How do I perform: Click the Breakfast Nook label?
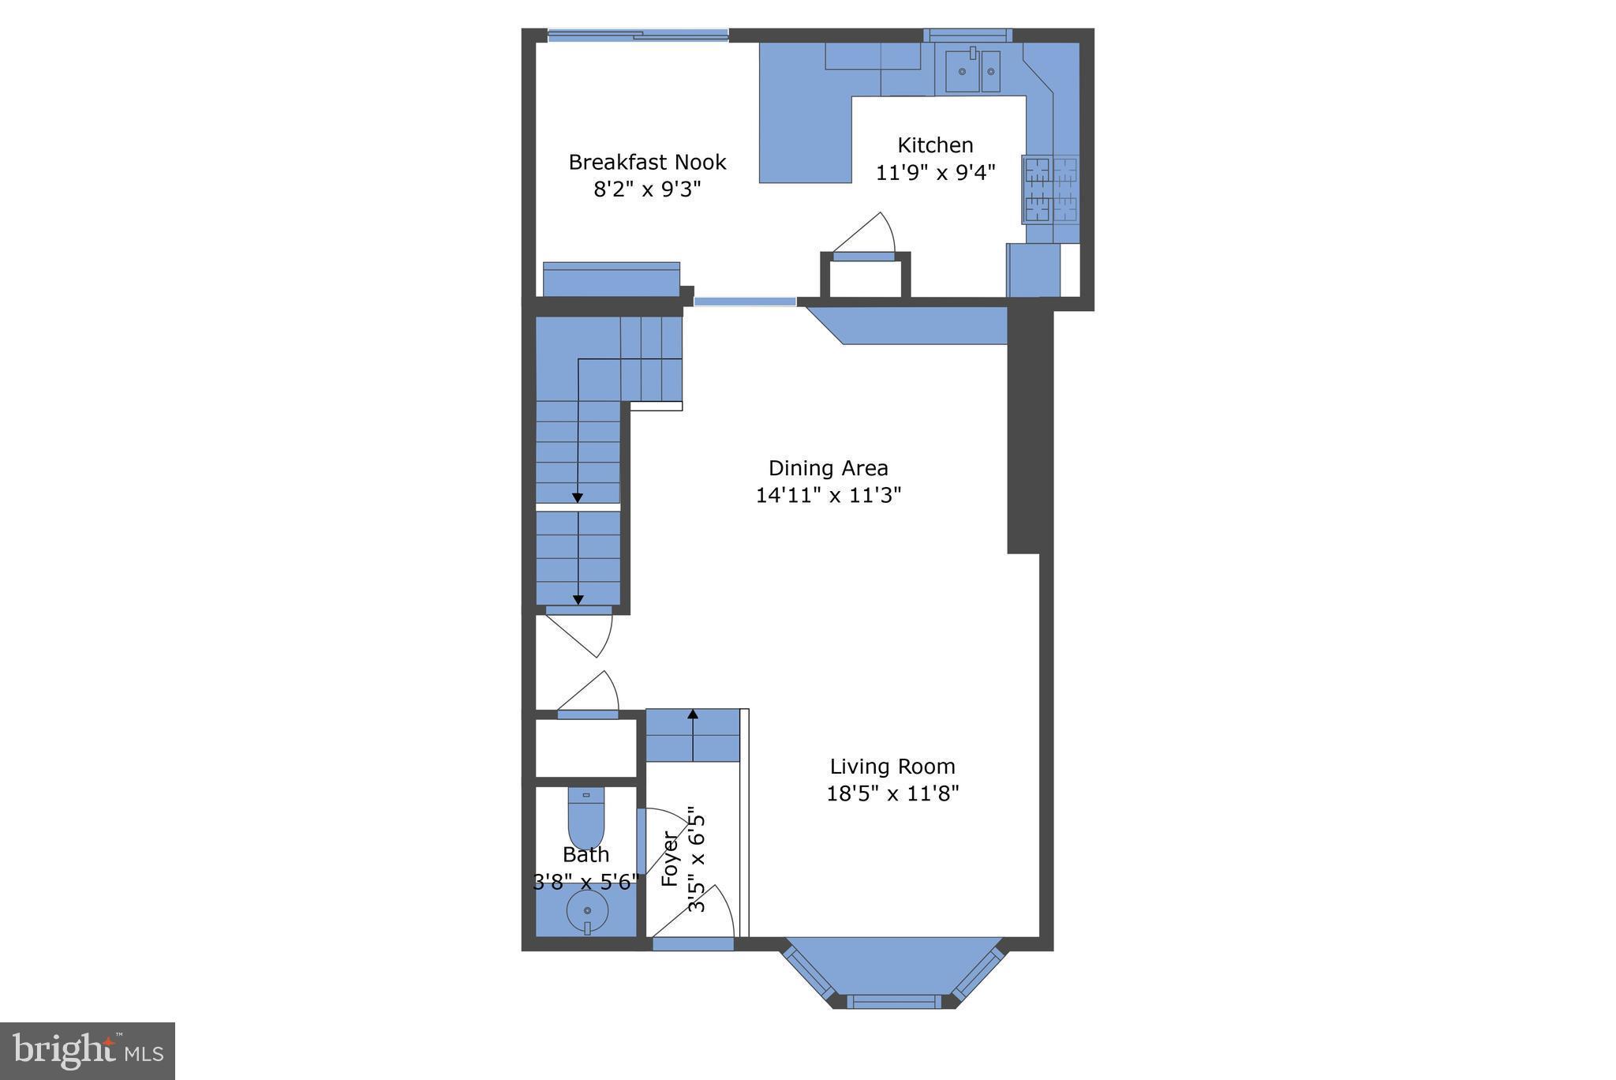pyautogui.click(x=647, y=162)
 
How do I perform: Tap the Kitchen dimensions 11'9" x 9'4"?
pyautogui.click(x=936, y=172)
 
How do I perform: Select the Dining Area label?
pyautogui.click(x=828, y=468)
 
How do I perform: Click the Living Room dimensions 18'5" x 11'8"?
pyautogui.click(x=892, y=793)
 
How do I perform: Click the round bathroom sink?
pyautogui.click(x=587, y=911)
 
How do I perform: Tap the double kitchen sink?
pyautogui.click(x=972, y=70)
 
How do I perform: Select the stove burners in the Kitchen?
pyautogui.click(x=1050, y=189)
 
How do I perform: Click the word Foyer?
pyautogui.click(x=669, y=859)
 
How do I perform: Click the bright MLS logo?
pyautogui.click(x=88, y=1051)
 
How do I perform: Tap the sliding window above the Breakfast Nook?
pyautogui.click(x=638, y=34)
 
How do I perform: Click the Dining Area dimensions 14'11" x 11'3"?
pyautogui.click(x=828, y=495)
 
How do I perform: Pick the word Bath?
pyautogui.click(x=585, y=854)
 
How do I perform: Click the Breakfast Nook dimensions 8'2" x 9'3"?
pyautogui.click(x=647, y=189)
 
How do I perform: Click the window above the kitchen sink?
pyautogui.click(x=967, y=35)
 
